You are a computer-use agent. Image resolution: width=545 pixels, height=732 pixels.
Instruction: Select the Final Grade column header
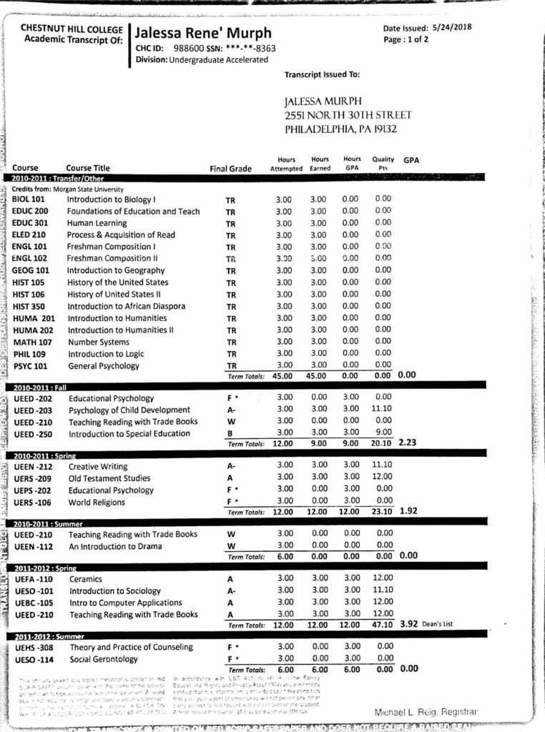point(230,169)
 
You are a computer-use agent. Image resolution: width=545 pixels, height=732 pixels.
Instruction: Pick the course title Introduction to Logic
point(106,354)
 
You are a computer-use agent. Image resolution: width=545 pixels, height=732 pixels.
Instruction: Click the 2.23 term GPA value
point(407,442)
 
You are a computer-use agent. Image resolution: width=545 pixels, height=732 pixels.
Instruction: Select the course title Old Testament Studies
point(109,478)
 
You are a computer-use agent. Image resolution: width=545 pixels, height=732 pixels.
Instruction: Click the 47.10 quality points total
point(383,624)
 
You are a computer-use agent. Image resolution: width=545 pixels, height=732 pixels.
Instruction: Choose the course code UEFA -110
point(34,579)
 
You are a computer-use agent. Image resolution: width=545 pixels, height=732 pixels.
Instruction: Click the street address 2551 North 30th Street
point(348,116)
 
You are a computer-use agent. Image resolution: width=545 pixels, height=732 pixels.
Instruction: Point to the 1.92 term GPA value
point(407,511)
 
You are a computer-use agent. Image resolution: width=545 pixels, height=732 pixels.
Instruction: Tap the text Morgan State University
point(84,189)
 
